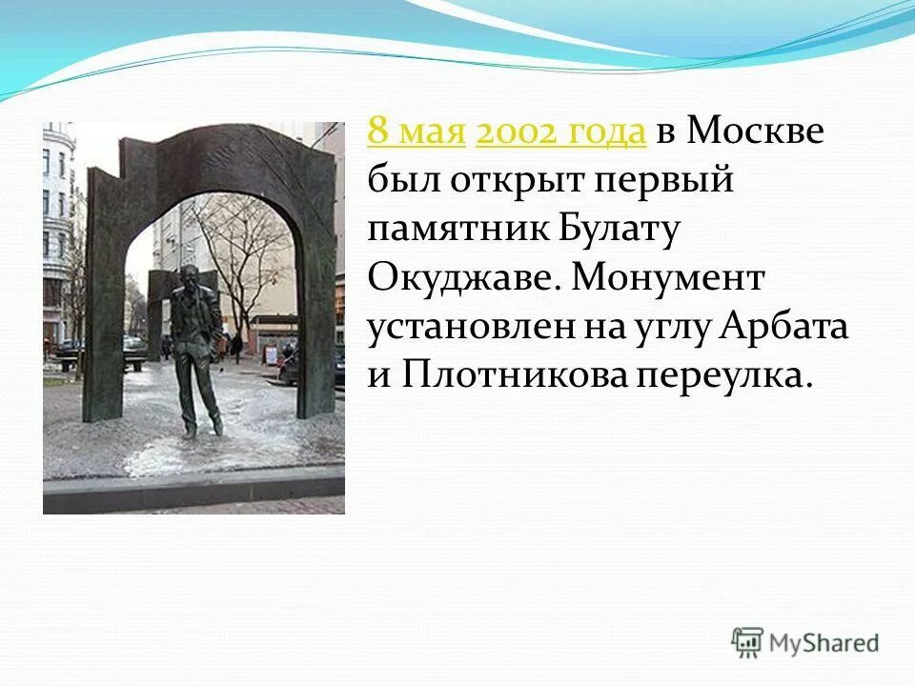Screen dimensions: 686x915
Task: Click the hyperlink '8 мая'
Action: tap(416, 131)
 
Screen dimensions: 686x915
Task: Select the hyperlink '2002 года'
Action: tap(560, 131)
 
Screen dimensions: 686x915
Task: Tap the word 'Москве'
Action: tap(753, 131)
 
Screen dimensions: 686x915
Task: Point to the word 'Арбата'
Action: tap(783, 329)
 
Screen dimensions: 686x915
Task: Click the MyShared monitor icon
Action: tap(748, 643)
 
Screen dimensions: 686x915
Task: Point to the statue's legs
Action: tap(202, 400)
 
